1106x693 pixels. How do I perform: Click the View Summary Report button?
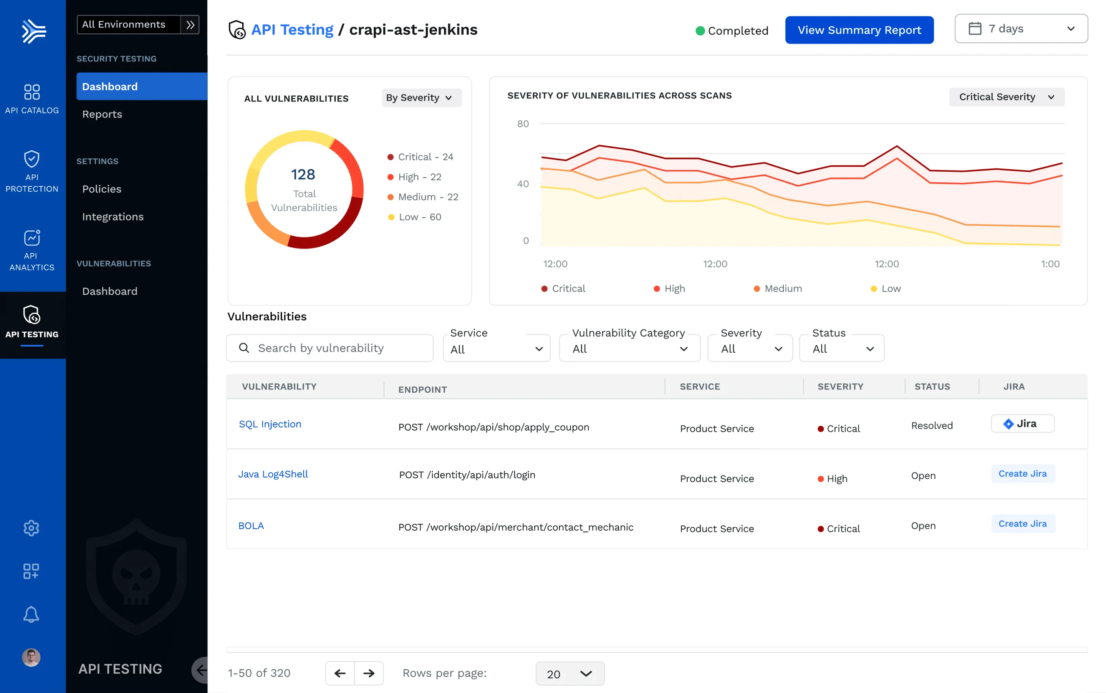pos(859,30)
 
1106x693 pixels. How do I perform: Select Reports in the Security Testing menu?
pos(102,114)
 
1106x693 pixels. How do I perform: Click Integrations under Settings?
pos(113,217)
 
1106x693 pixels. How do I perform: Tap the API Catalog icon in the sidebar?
pos(31,92)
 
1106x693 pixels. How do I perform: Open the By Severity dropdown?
pos(421,98)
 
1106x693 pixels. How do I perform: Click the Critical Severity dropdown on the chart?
pos(1006,97)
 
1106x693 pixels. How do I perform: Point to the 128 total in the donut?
pos(303,175)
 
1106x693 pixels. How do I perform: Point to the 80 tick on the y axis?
pos(522,124)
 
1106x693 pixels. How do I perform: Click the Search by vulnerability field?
pos(330,348)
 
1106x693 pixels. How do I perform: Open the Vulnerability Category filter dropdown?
pos(629,349)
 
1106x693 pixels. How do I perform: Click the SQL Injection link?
pos(270,424)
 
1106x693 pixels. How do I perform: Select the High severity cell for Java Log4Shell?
pos(836,479)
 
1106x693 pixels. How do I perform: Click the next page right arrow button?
pos(369,673)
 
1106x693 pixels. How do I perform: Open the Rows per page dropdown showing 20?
pos(569,674)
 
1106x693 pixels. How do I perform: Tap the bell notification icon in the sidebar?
pos(31,615)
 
